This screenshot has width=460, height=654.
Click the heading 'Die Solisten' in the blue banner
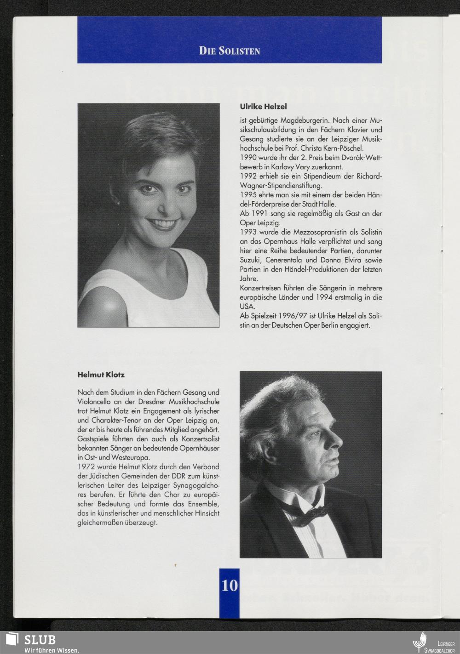230,51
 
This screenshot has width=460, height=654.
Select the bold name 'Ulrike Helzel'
263,106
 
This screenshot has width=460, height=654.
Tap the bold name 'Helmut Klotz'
101,375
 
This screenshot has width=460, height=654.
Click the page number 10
230,585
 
